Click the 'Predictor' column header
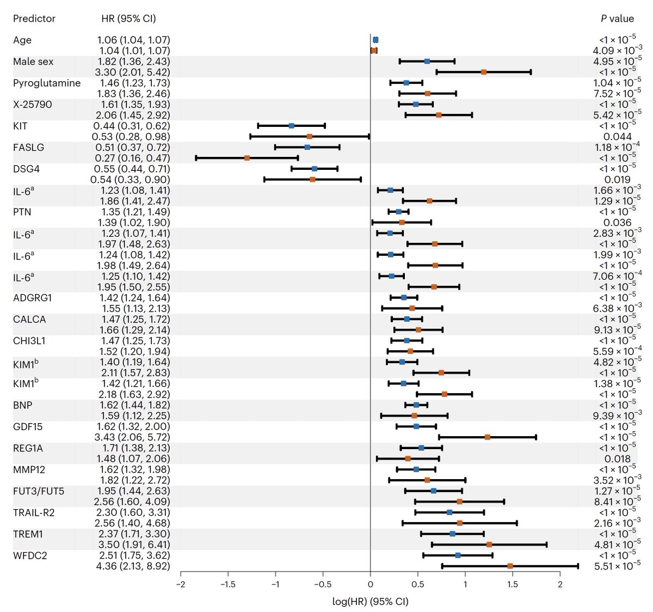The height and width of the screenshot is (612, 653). pyautogui.click(x=34, y=19)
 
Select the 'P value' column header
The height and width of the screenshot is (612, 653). pyautogui.click(x=617, y=19)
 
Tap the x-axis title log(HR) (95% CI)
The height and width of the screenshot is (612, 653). pyautogui.click(x=370, y=602)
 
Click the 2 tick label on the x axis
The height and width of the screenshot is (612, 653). pyautogui.click(x=560, y=584)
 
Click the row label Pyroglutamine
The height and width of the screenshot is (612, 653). pyautogui.click(x=47, y=83)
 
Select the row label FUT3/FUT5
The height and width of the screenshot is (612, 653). pyautogui.click(x=39, y=491)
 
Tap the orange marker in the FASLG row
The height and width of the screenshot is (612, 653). pyautogui.click(x=247, y=158)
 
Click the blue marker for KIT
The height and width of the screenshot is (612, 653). pyautogui.click(x=291, y=126)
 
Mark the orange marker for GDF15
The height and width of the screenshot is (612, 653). pyautogui.click(x=488, y=437)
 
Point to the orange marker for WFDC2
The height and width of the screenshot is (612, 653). pyautogui.click(x=510, y=566)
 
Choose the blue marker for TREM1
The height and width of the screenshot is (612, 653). pyautogui.click(x=452, y=534)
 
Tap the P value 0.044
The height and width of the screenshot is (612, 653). pyautogui.click(x=618, y=137)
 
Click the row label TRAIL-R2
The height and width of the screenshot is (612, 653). pyautogui.click(x=34, y=512)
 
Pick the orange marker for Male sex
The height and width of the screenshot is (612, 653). pyautogui.click(x=483, y=72)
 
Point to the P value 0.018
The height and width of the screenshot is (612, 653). pyautogui.click(x=618, y=459)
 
